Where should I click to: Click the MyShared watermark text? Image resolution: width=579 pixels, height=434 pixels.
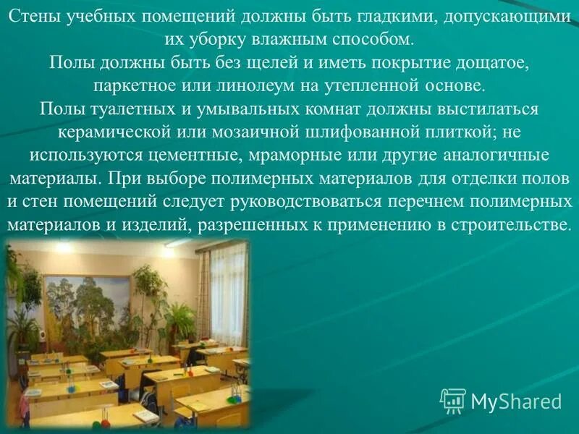(515, 401)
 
